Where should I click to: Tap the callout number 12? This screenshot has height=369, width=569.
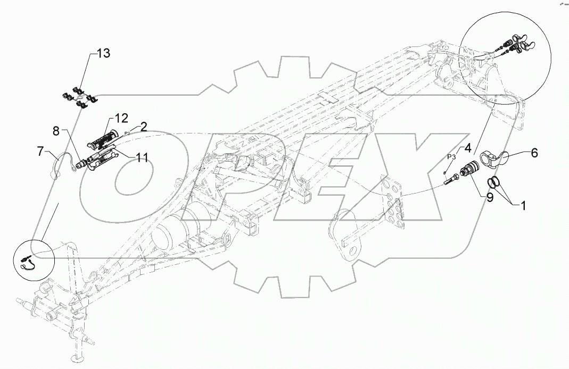point(120,118)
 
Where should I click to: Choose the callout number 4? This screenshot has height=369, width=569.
point(467,147)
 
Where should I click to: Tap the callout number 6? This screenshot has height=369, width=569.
point(533,153)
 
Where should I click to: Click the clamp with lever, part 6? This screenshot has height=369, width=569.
point(493,158)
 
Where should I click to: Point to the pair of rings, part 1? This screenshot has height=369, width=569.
point(495,182)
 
